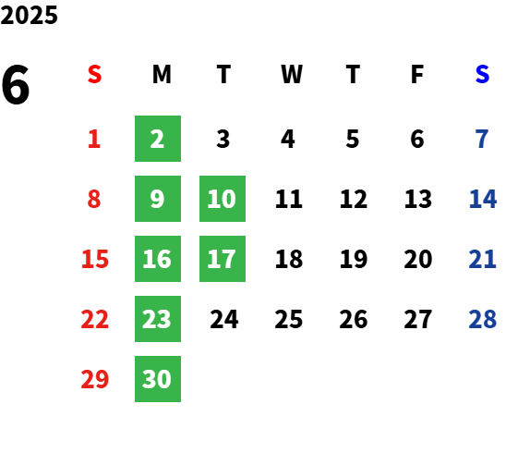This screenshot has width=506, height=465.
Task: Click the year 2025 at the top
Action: coord(29,15)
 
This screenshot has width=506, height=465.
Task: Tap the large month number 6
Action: coord(16,85)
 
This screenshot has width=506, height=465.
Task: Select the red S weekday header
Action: coord(94,74)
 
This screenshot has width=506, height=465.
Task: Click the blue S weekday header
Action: coord(482,74)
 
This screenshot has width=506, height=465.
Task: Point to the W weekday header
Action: coord(292,74)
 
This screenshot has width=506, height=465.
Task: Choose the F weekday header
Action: coord(417,74)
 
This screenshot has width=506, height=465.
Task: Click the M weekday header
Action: coord(162,74)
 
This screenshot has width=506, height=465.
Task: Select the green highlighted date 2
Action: coord(158,139)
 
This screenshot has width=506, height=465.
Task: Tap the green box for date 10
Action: coord(223,199)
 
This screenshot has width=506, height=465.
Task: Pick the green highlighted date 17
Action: coord(223,259)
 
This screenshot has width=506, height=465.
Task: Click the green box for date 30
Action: coord(158,379)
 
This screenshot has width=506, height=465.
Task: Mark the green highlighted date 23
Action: coord(158,319)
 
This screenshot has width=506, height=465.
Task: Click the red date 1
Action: coord(94,139)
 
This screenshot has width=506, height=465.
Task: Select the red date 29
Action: coord(94,379)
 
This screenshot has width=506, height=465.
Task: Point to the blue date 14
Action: coord(483,199)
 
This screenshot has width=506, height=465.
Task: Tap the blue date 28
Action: coord(482,319)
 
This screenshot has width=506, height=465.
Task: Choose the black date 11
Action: coord(289,199)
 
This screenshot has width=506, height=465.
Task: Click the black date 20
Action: coord(418,259)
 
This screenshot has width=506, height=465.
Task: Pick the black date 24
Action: coord(224,319)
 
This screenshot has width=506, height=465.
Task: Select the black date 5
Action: coord(353,139)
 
